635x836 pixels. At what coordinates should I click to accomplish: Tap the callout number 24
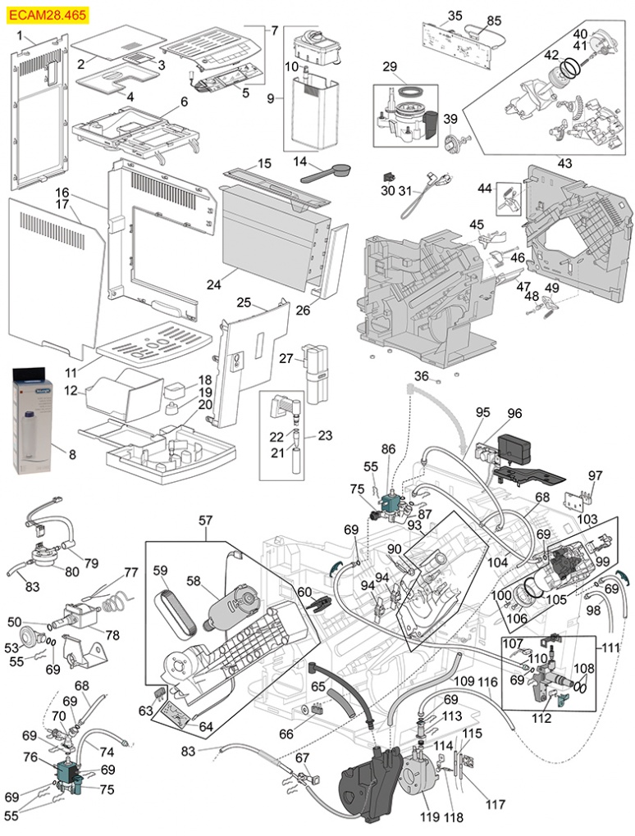point(214,284)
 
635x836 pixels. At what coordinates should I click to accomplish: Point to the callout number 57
point(205,520)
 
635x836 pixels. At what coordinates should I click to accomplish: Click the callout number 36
point(421,375)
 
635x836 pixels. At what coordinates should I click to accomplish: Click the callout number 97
point(595,475)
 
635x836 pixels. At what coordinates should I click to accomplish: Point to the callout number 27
point(286,358)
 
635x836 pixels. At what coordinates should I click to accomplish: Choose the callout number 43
point(564,163)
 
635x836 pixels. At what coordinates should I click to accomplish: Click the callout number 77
point(130,572)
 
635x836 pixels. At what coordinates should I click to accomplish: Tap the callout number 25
point(244,302)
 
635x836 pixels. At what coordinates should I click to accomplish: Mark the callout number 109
point(464,681)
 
